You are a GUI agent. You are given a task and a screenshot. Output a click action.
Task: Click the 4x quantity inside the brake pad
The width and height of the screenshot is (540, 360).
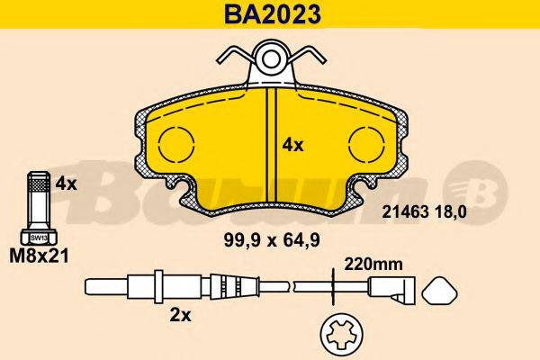coord(292,144)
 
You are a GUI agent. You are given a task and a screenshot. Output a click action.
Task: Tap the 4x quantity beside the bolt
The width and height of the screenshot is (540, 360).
coord(67,183)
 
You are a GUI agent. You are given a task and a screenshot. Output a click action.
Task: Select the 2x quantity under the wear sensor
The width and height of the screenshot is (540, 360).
coord(181,316)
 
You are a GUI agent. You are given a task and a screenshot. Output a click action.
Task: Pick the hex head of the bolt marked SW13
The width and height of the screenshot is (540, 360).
coord(38,236)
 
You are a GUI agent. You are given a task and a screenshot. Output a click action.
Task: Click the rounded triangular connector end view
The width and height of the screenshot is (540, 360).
coord(441,291)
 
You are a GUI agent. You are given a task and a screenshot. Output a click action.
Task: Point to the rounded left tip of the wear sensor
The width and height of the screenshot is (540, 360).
coord(90,287)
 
